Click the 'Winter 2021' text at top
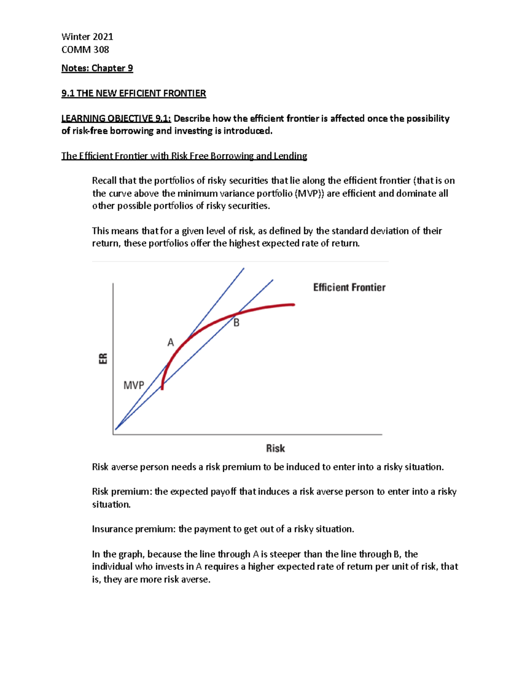point(87,37)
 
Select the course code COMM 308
point(85,50)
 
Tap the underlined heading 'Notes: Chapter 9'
point(97,68)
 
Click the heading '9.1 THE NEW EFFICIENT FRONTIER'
point(134,93)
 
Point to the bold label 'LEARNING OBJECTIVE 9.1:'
point(116,118)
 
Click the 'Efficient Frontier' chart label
point(349,287)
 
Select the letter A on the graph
point(171,343)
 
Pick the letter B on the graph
point(236,323)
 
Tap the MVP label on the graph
point(134,385)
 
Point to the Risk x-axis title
point(275,448)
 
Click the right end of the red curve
point(294,305)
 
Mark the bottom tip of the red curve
point(162,388)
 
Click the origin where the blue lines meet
point(115,430)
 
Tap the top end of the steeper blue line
point(244,269)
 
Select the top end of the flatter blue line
point(273,280)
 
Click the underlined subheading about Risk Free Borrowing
point(184,156)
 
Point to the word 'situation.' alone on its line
point(111,504)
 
